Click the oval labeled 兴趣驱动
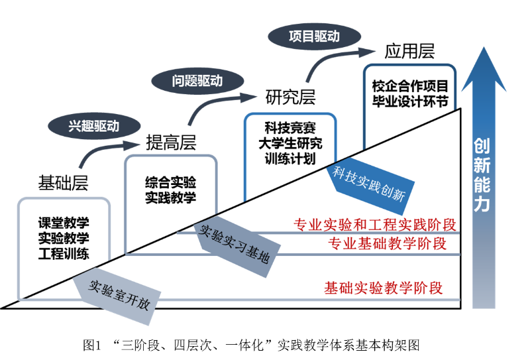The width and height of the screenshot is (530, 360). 94,125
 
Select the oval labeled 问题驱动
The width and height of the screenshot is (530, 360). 197,82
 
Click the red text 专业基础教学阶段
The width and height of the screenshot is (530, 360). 387,244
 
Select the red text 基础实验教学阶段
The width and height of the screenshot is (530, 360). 383,288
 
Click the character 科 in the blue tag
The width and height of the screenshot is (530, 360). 340,173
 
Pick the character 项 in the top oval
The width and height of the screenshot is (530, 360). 295,36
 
